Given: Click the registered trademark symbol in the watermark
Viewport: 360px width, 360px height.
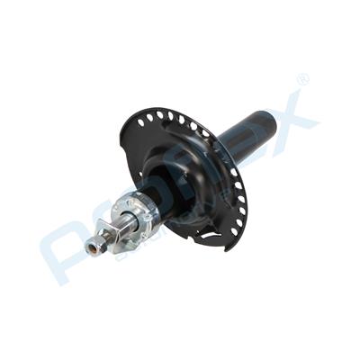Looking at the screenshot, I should [x=302, y=80].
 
